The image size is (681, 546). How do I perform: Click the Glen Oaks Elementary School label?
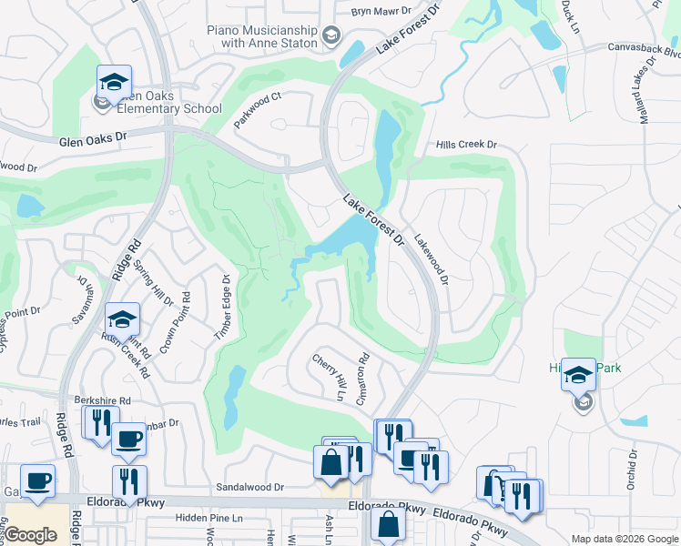164,109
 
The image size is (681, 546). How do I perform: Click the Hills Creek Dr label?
466,145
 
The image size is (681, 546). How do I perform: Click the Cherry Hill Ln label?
330,377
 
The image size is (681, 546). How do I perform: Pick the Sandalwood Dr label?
250,488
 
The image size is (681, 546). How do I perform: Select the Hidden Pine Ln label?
210,518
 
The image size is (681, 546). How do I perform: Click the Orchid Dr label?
631,470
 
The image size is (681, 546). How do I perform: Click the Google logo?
31,535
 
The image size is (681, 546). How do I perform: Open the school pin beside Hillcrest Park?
578,375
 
